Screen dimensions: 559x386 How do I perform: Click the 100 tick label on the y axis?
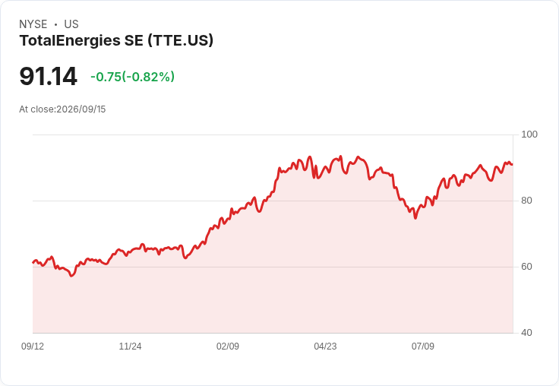(529, 134)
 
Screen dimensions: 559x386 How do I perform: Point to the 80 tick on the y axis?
(526, 201)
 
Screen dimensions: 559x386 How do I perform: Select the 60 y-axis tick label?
(526, 267)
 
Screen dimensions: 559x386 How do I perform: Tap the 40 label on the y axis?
(526, 333)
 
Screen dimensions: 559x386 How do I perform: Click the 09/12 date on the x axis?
(33, 346)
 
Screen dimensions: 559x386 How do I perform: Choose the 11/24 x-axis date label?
(130, 346)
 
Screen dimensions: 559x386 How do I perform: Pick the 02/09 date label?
(228, 346)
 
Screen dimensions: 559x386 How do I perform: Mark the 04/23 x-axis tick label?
(325, 346)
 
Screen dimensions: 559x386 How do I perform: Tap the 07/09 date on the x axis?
(423, 346)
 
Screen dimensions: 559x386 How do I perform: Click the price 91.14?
(48, 76)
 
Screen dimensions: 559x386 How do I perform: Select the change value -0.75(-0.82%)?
(133, 77)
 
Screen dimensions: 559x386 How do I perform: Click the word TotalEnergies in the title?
(70, 41)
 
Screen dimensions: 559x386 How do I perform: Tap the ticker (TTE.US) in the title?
(181, 41)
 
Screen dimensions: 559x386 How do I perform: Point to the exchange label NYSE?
(33, 24)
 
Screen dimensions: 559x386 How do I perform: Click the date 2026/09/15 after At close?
(81, 109)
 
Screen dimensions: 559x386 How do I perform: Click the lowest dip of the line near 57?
(71, 276)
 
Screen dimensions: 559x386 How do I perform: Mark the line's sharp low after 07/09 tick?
(415, 218)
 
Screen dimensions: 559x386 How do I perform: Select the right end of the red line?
(512, 164)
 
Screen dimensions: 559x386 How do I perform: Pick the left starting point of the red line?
(33, 263)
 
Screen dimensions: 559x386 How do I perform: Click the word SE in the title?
(134, 41)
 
